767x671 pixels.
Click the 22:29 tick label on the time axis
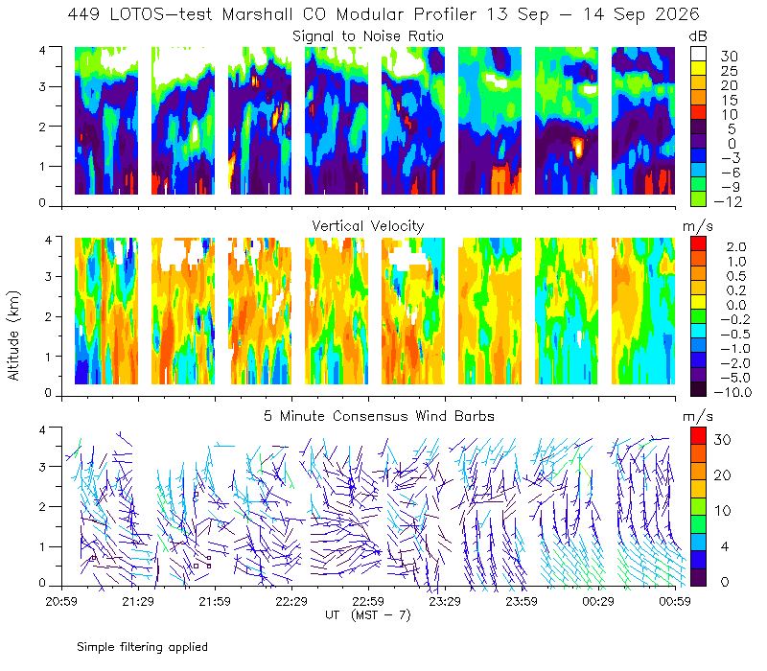pyautogui.click(x=291, y=601)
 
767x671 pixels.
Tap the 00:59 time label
pyautogui.click(x=675, y=601)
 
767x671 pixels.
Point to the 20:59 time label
pyautogui.click(x=61, y=601)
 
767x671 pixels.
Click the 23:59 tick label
pyautogui.click(x=522, y=601)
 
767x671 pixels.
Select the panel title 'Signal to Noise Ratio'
pyautogui.click(x=368, y=36)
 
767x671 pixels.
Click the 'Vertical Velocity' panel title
pyautogui.click(x=368, y=226)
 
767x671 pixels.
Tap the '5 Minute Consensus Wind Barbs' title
pyautogui.click(x=379, y=416)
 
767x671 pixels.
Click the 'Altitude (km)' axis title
pyautogui.click(x=13, y=335)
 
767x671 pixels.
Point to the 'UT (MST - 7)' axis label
pyautogui.click(x=368, y=614)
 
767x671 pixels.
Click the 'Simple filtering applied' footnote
pyautogui.click(x=142, y=647)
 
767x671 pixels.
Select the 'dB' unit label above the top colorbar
pyautogui.click(x=698, y=36)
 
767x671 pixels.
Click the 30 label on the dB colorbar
pyautogui.click(x=729, y=57)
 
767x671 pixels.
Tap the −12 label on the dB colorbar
pyautogui.click(x=728, y=201)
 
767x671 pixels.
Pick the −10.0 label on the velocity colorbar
pyautogui.click(x=732, y=392)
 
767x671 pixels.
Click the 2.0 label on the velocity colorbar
pyautogui.click(x=736, y=247)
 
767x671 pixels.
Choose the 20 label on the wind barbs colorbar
pyautogui.click(x=723, y=474)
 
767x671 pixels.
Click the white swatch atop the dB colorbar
pyautogui.click(x=698, y=54)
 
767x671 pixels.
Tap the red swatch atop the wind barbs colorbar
pyautogui.click(x=698, y=435)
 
